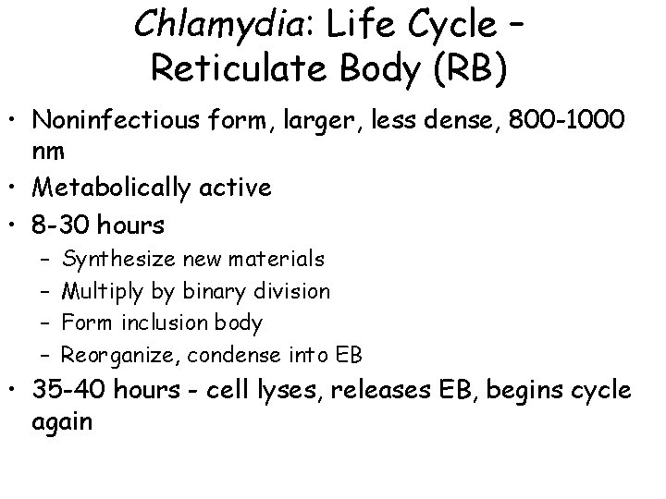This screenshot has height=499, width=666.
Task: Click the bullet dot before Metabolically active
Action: click(x=15, y=189)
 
